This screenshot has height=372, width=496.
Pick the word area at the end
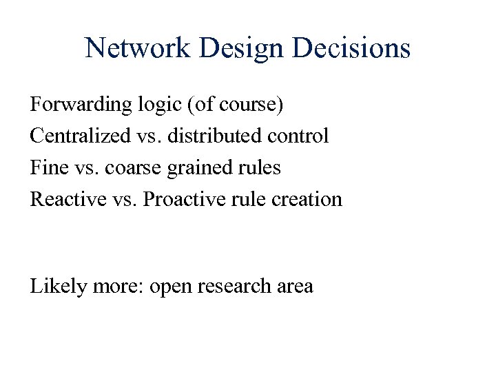(x=295, y=287)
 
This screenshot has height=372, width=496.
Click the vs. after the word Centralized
(x=142, y=136)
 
